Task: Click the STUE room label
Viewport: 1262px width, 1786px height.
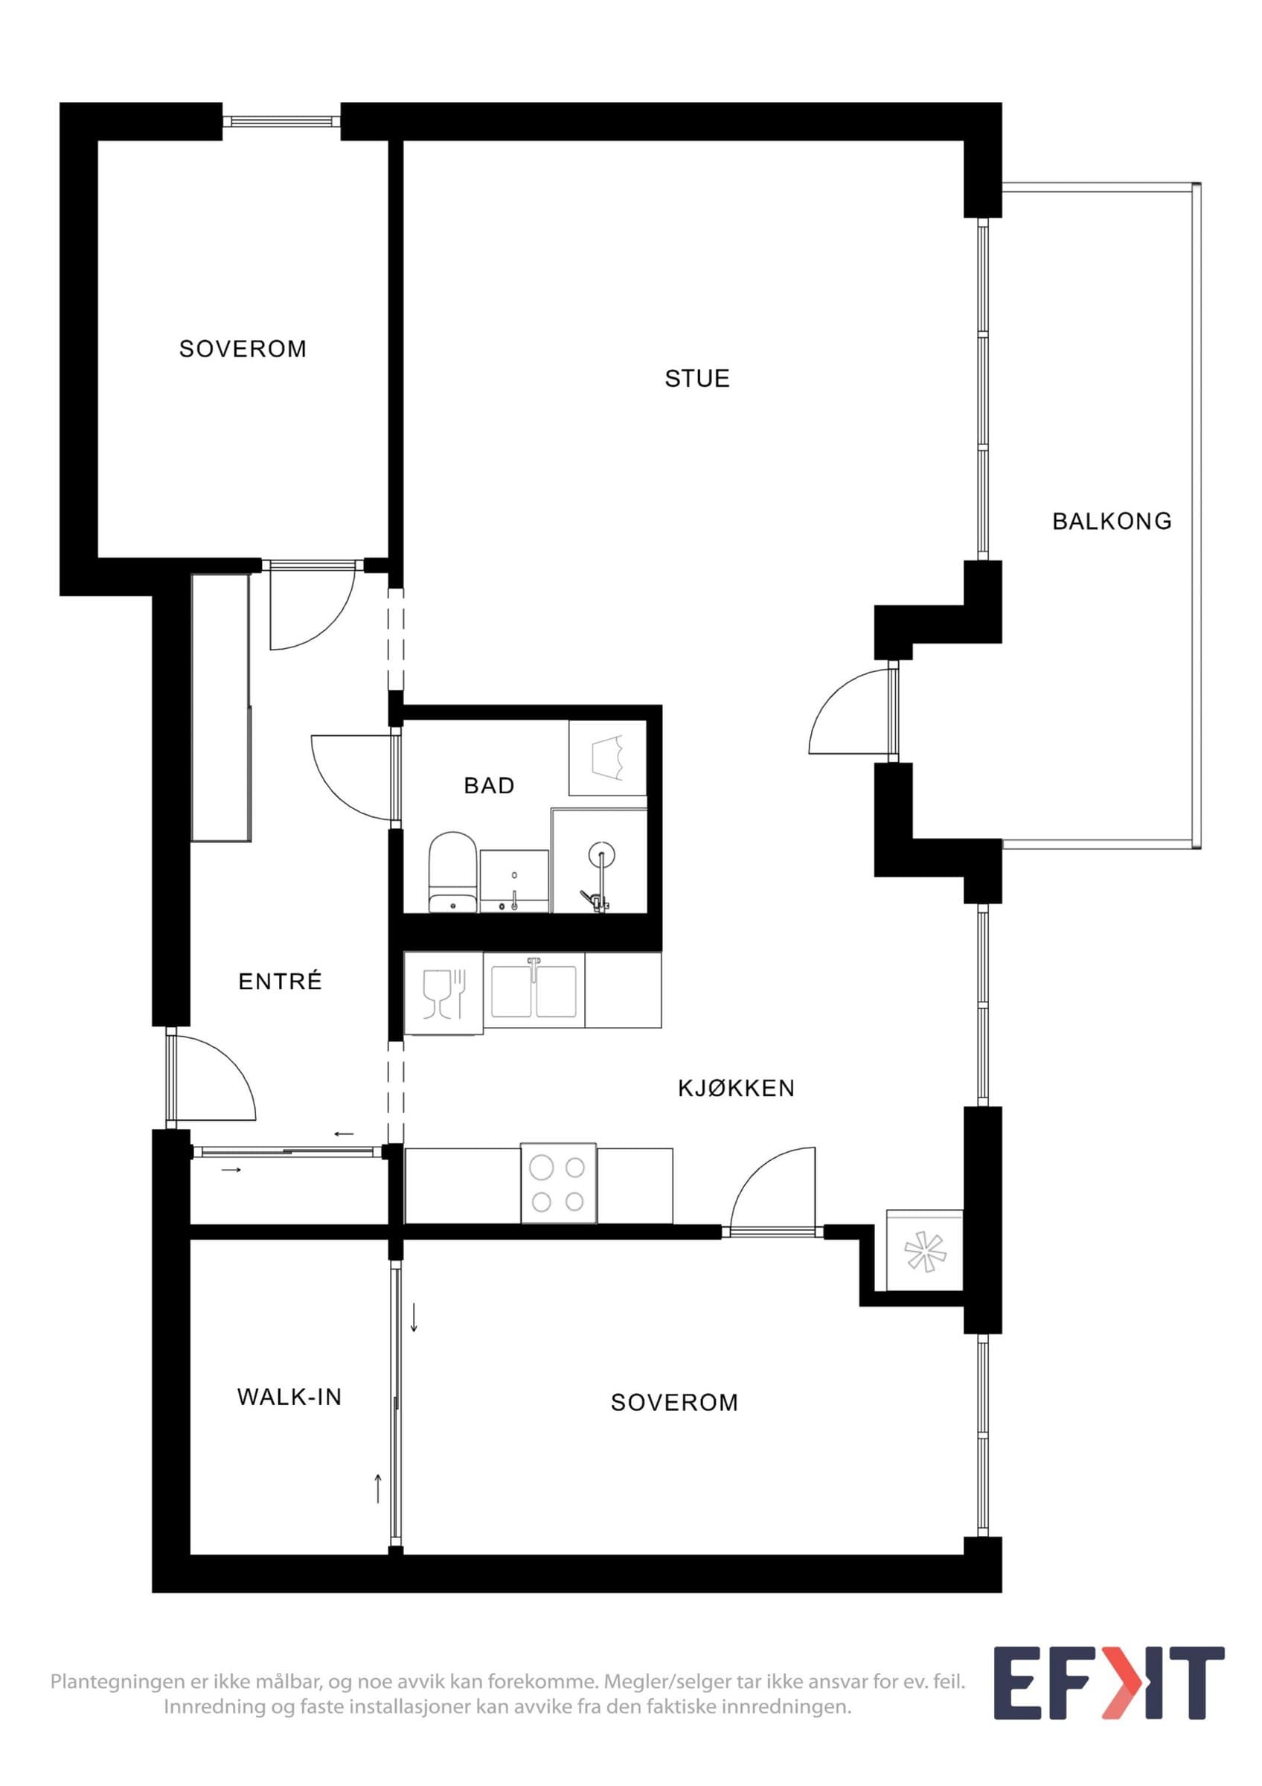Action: pos(696,379)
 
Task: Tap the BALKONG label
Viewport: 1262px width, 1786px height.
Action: pos(1112,521)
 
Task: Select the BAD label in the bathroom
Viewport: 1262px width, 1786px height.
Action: pos(489,786)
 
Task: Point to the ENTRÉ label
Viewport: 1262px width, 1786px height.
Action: pos(280,981)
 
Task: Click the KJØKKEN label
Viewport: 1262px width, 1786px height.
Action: pos(737,1088)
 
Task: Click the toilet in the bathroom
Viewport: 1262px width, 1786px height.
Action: pos(452,872)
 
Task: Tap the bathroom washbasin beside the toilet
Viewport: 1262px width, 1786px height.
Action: pos(515,880)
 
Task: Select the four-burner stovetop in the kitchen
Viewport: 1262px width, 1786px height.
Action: pos(558,1183)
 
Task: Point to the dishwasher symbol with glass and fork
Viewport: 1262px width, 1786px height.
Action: pos(443,993)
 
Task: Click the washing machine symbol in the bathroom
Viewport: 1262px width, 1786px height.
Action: pos(607,758)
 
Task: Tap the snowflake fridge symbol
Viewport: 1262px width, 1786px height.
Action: pos(924,1251)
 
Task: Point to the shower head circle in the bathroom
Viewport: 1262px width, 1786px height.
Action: pos(601,857)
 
